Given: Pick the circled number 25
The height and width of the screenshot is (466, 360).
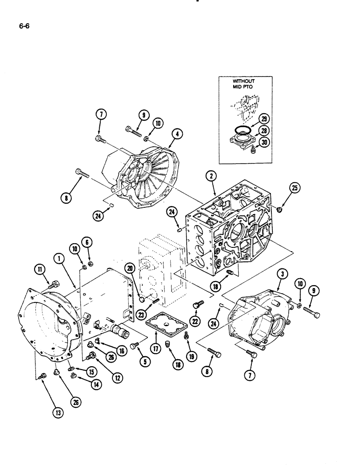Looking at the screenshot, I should tap(295, 189).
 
